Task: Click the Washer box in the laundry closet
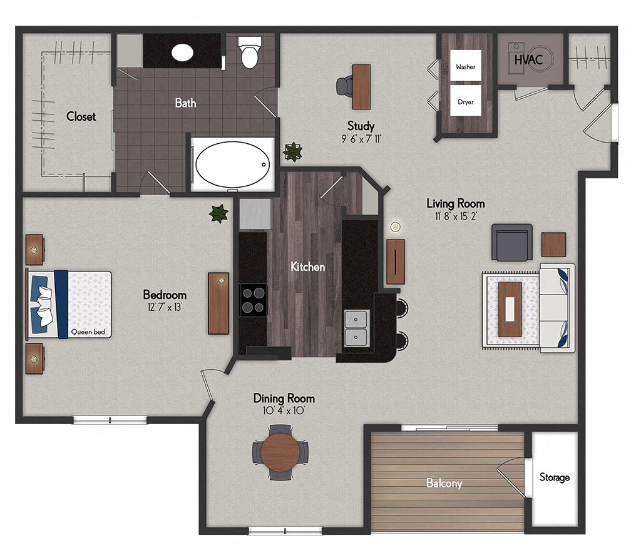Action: tap(465, 66)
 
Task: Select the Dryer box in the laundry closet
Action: tap(465, 101)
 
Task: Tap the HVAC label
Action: tap(525, 60)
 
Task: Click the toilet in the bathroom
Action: tap(250, 53)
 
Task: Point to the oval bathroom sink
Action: tap(183, 52)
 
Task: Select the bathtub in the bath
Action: tap(233, 164)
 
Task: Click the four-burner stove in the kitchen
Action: tap(253, 300)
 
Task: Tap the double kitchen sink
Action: tap(357, 328)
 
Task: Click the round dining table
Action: tap(280, 452)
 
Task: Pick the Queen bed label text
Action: tap(88, 332)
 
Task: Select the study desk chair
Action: tap(344, 86)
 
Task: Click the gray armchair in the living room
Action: tap(511, 242)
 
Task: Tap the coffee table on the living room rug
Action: tap(510, 309)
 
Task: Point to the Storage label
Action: tap(555, 477)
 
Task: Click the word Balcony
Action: tap(444, 483)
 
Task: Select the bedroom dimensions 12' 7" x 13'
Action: tap(165, 307)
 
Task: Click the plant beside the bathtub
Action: tap(292, 151)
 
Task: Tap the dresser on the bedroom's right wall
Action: tap(218, 303)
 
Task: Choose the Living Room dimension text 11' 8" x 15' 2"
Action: tap(456, 216)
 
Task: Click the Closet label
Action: tap(81, 116)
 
